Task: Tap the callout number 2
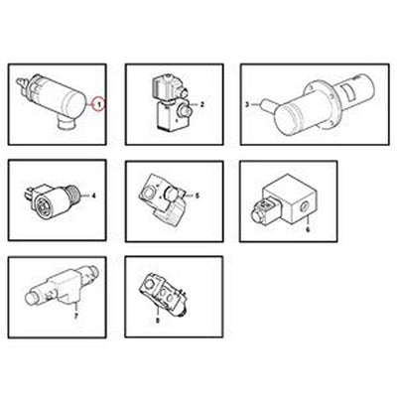(201, 103)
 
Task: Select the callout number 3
(247, 102)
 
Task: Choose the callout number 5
(198, 196)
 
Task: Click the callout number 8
(157, 320)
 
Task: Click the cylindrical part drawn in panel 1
(60, 94)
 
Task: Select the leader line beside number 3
(257, 102)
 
